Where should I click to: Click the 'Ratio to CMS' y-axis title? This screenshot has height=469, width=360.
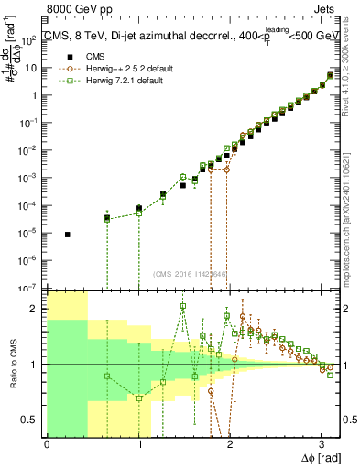pos(13,365)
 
